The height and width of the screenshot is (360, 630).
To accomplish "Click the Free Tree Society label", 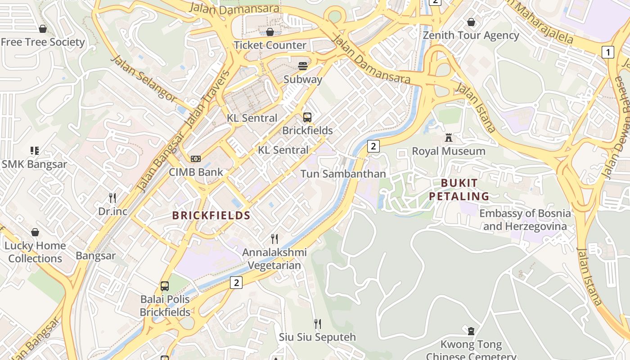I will coord(43,42).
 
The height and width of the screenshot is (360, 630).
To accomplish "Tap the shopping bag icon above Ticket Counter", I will coord(270,32).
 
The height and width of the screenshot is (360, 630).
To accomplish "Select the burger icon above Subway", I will coord(303,66).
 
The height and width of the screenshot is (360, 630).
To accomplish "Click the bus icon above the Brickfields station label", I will coord(307,117).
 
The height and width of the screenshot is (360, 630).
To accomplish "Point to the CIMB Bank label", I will coord(196,172).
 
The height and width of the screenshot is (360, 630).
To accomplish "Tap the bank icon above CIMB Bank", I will coord(196,159).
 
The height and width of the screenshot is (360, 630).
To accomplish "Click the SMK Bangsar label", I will coord(34,164).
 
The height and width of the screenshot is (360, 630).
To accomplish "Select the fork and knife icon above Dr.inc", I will coord(112,198).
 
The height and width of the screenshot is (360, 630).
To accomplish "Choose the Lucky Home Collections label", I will coord(35,252).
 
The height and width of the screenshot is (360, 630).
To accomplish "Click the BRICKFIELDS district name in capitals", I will coord(211,216).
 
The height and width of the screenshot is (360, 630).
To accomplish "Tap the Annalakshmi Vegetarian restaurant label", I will coord(274,259).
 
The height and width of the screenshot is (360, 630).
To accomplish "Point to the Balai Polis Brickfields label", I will coord(165,306).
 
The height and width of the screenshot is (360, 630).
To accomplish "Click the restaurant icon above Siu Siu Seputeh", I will coord(317,324).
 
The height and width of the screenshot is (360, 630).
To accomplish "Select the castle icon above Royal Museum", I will coord(449,138).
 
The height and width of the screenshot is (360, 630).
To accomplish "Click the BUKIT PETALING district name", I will coord(459,189).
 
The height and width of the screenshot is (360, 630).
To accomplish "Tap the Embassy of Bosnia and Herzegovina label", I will coord(525,220).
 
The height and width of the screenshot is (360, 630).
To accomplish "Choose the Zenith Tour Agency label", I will coord(471,36).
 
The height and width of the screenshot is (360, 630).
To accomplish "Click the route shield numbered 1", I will coord(608,52).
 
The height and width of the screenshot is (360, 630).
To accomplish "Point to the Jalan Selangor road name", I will coord(144,77).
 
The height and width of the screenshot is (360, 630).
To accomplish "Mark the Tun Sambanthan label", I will coord(343,174).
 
